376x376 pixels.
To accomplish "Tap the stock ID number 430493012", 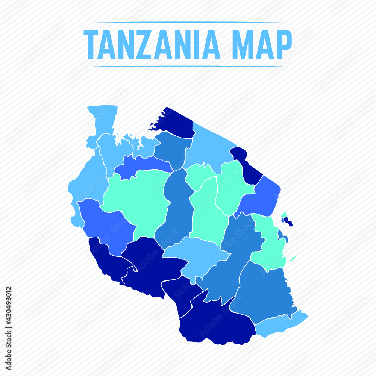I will (x=9, y=306).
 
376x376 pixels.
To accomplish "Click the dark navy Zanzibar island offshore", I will (x=289, y=222).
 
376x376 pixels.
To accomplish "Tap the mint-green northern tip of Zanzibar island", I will (x=284, y=214).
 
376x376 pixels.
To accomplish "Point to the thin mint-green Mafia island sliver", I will (x=293, y=258).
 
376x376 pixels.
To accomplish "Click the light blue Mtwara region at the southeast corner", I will (x=280, y=324).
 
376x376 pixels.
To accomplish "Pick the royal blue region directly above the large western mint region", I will (x=139, y=164).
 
